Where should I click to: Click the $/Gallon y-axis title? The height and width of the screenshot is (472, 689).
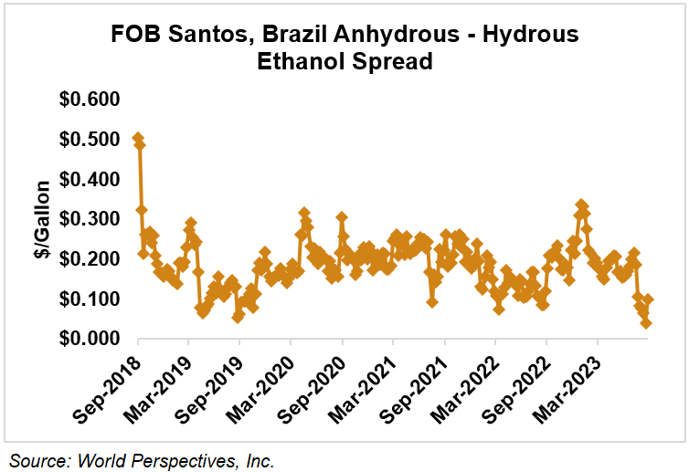[x=42, y=219]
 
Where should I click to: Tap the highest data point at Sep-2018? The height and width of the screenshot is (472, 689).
[x=138, y=139]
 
